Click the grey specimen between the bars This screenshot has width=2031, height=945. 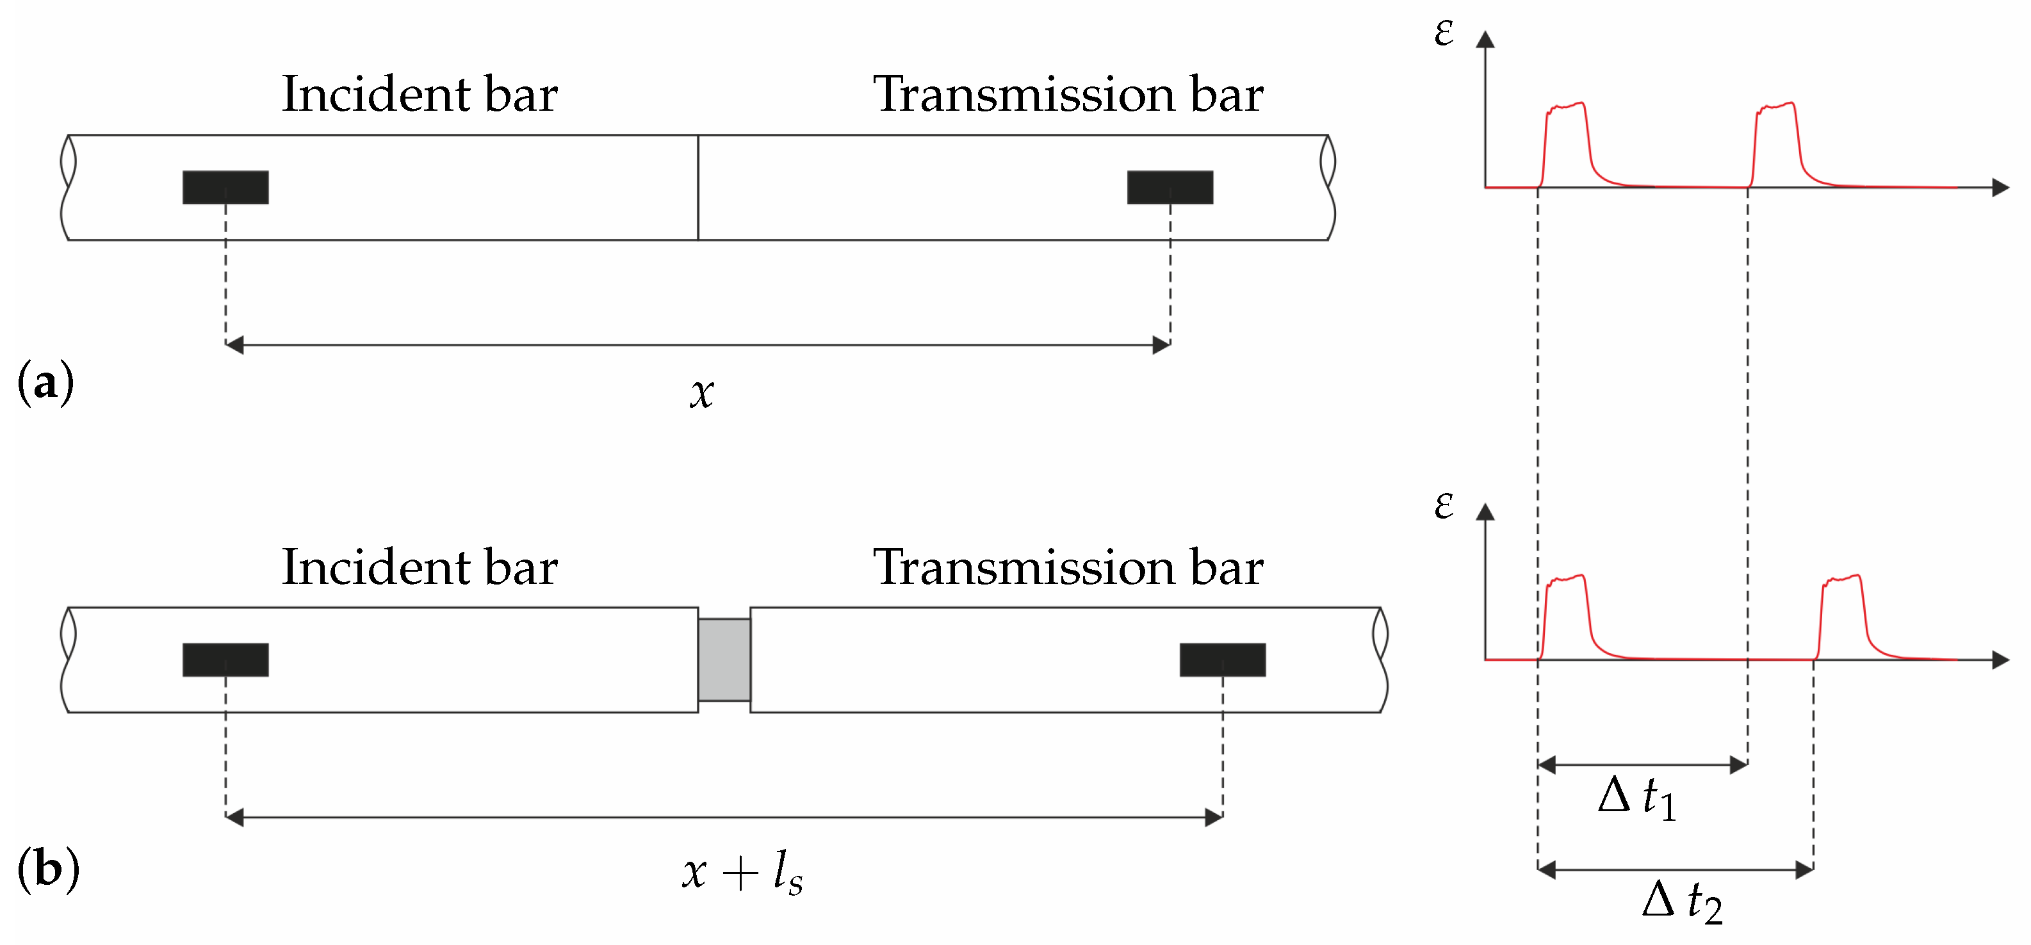pyautogui.click(x=724, y=659)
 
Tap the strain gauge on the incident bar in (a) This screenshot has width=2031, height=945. pyautogui.click(x=225, y=188)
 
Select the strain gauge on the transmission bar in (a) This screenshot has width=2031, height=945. pyautogui.click(x=1170, y=188)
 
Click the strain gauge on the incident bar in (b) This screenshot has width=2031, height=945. pyautogui.click(x=225, y=659)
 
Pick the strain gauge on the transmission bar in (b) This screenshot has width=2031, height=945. pyautogui.click(x=1222, y=659)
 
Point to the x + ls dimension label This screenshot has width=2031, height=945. pyautogui.click(x=742, y=872)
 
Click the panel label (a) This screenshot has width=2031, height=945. pyautogui.click(x=45, y=382)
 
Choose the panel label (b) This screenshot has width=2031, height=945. pyautogui.click(x=48, y=869)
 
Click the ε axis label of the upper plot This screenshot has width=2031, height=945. pyautogui.click(x=1444, y=33)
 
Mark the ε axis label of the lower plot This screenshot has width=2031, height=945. pyautogui.click(x=1444, y=505)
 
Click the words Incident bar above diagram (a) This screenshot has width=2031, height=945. pyautogui.click(x=420, y=95)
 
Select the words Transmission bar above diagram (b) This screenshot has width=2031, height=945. pyautogui.click(x=1068, y=567)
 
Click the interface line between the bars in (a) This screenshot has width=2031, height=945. pyautogui.click(x=697, y=188)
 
